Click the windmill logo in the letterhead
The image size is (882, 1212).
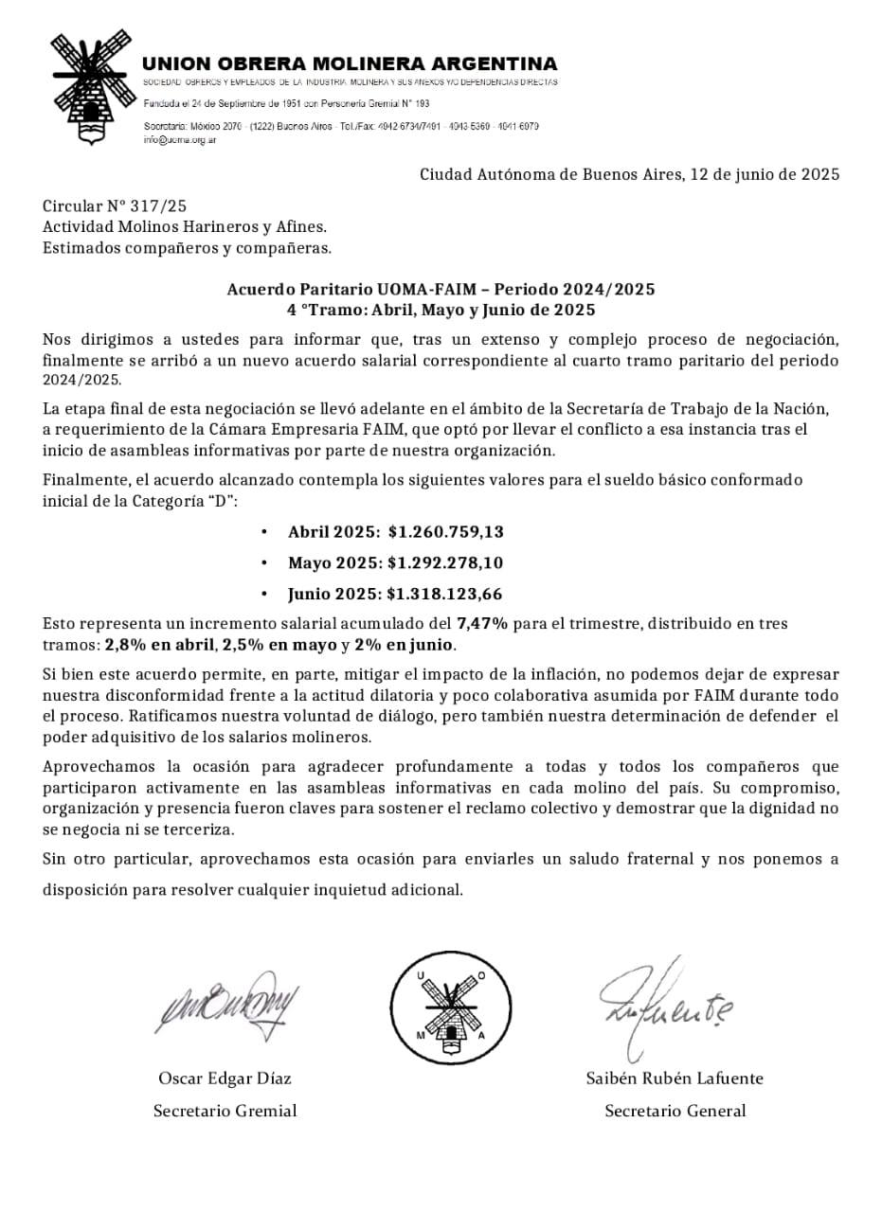[90, 86]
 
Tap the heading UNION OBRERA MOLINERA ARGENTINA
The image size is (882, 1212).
[350, 64]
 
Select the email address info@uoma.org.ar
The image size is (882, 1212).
[180, 139]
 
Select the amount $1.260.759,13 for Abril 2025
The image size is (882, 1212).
[445, 531]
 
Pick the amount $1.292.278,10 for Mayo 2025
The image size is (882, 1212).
[445, 562]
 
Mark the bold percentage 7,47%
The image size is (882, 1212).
[483, 624]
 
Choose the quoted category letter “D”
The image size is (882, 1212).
[217, 501]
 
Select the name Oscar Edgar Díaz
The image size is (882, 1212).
[225, 1078]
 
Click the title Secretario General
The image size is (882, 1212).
[675, 1112]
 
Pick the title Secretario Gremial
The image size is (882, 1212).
[225, 1112]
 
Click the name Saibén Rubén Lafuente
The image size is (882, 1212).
[675, 1078]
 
